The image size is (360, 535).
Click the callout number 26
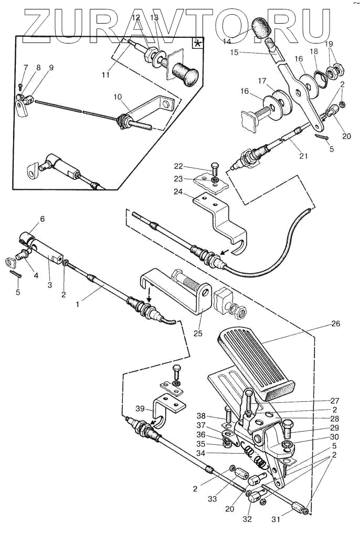coord(336,323)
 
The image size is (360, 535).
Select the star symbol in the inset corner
coord(198,44)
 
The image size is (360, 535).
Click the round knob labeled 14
coord(261,28)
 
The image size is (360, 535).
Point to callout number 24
coord(178,192)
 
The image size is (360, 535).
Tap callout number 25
coord(198,333)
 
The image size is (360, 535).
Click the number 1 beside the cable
coord(78,304)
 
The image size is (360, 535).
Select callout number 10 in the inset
coord(118,97)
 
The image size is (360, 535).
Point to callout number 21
coord(303,156)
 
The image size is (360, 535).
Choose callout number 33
coord(212,499)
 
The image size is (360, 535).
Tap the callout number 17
coord(262,81)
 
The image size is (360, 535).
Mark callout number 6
coord(43,219)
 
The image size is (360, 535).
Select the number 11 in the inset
coord(106,74)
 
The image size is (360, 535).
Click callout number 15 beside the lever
coord(235,52)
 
